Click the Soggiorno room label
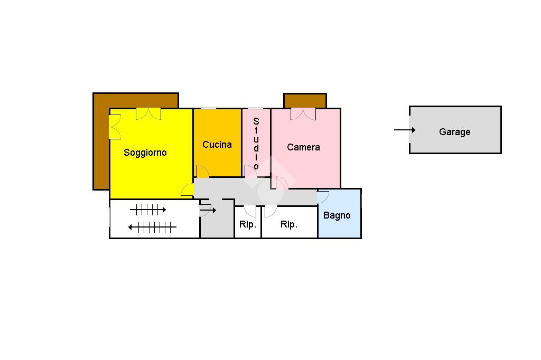coord(145,153)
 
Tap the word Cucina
coord(217,145)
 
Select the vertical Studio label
coord(256,144)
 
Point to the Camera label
coord(303,147)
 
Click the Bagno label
coord(337,215)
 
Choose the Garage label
coord(454,132)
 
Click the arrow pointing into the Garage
coord(405,130)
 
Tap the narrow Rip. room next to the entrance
coord(247,224)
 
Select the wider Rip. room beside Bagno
coord(288,224)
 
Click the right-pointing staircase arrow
coord(148,210)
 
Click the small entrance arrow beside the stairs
coord(208,211)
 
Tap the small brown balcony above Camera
coord(305,100)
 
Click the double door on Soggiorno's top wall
coord(148,113)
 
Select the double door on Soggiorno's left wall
coord(115,127)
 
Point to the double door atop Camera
coord(303,113)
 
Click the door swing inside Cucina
coord(202,171)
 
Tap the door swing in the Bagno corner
coord(323,197)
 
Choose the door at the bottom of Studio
coord(250,172)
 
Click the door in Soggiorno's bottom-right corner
coord(188,191)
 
